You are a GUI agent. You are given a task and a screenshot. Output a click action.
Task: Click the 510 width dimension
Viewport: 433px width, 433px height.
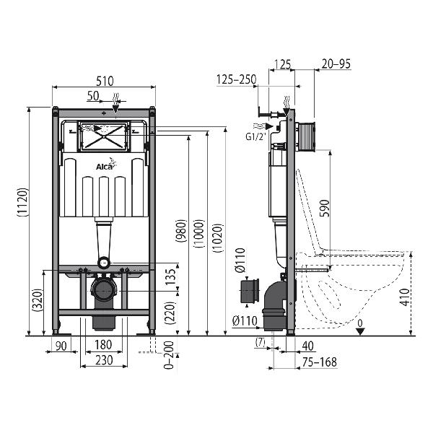tap(105, 81)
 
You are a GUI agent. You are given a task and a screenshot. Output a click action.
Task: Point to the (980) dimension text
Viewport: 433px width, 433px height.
tap(181, 231)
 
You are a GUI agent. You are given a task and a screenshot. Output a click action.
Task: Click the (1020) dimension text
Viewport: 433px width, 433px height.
tap(218, 238)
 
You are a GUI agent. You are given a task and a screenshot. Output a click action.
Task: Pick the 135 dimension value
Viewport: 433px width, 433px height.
tap(171, 277)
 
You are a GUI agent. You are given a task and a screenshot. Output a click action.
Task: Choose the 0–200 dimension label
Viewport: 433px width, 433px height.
tap(169, 355)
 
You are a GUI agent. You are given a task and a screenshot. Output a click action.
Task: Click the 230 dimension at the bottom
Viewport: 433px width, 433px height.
tap(104, 360)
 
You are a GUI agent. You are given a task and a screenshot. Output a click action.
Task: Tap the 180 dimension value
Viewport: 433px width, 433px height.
tap(103, 345)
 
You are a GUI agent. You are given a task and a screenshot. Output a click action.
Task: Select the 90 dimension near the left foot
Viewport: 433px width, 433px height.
tap(61, 346)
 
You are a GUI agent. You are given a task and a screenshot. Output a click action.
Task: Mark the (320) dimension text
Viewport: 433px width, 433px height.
tap(38, 300)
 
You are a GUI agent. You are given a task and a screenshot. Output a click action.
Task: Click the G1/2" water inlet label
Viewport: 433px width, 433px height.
tap(255, 136)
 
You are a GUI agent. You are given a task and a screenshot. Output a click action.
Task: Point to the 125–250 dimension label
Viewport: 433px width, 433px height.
tap(237, 79)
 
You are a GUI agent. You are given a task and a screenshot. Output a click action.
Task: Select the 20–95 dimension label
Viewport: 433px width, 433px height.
tap(336, 64)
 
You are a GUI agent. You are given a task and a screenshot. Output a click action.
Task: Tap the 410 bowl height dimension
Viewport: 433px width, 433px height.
tap(405, 297)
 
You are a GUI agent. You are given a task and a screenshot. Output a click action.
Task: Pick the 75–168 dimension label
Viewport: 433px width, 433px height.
tap(320, 362)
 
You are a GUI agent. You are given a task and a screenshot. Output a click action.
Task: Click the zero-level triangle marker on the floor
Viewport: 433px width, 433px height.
tap(360, 331)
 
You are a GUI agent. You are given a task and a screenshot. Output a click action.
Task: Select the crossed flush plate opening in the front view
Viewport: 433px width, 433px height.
tap(103, 136)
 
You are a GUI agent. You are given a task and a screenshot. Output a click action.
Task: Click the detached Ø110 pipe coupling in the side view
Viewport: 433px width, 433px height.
tap(250, 292)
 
